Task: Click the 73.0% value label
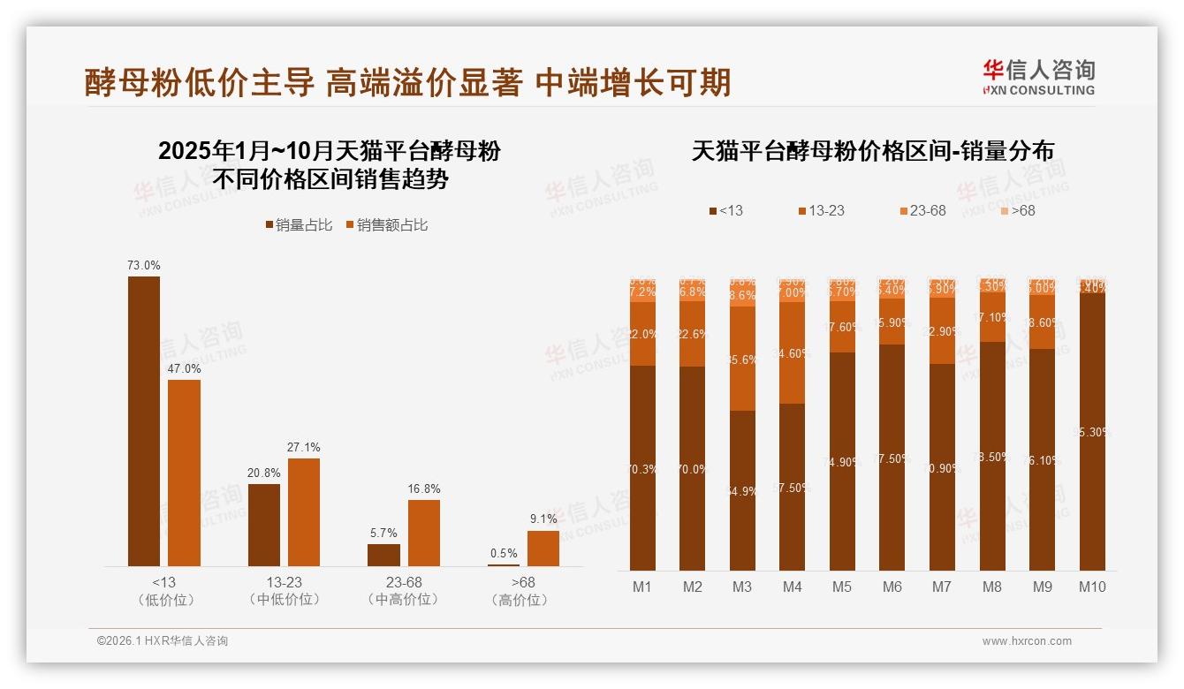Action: point(144,265)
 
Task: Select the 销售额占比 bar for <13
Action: point(184,473)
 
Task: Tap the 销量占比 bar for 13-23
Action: point(264,525)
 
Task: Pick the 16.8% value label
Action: point(424,488)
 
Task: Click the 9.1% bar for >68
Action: point(543,548)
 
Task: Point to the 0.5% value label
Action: point(504,554)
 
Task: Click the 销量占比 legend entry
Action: point(299,225)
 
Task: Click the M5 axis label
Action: point(842,587)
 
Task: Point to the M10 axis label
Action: point(1092,587)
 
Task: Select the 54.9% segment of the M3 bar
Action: point(743,490)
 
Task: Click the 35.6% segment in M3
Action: point(743,359)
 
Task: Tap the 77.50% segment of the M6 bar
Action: point(892,458)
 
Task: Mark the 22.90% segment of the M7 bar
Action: point(943,331)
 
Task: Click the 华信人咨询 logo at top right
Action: point(1038,77)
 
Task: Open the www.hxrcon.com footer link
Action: point(1027,641)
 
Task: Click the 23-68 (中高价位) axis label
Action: point(404,591)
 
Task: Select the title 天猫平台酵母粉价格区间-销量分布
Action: point(872,151)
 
